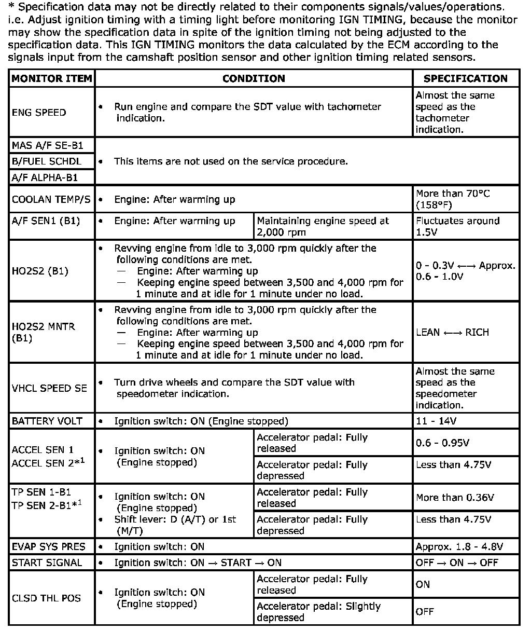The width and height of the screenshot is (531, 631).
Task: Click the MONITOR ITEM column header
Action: click(52, 79)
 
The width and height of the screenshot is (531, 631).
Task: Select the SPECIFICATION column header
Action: click(466, 79)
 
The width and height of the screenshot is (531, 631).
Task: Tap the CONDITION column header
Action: click(254, 79)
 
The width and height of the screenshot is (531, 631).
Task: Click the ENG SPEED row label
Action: click(39, 113)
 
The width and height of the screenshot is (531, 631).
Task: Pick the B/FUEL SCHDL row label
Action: click(47, 161)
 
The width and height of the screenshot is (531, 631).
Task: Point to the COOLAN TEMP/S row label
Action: click(51, 199)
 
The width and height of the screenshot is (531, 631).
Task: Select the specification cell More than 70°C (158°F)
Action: click(453, 199)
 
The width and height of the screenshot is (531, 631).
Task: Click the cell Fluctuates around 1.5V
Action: click(457, 226)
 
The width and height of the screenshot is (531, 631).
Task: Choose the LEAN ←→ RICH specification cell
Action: click(452, 332)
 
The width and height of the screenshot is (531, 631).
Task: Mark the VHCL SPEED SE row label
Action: click(50, 388)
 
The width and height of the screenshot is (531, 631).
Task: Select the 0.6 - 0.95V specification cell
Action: click(443, 443)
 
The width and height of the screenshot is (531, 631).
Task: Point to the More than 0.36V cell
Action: click(455, 498)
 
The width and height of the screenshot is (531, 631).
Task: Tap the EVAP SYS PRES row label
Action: click(49, 546)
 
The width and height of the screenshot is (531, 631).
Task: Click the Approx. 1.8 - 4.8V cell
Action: click(459, 546)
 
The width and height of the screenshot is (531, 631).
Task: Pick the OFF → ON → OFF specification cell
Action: click(457, 563)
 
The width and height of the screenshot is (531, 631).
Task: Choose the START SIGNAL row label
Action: click(47, 563)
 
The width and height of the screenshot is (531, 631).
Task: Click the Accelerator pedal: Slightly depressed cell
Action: click(318, 612)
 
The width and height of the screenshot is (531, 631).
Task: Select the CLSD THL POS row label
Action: click(47, 598)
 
